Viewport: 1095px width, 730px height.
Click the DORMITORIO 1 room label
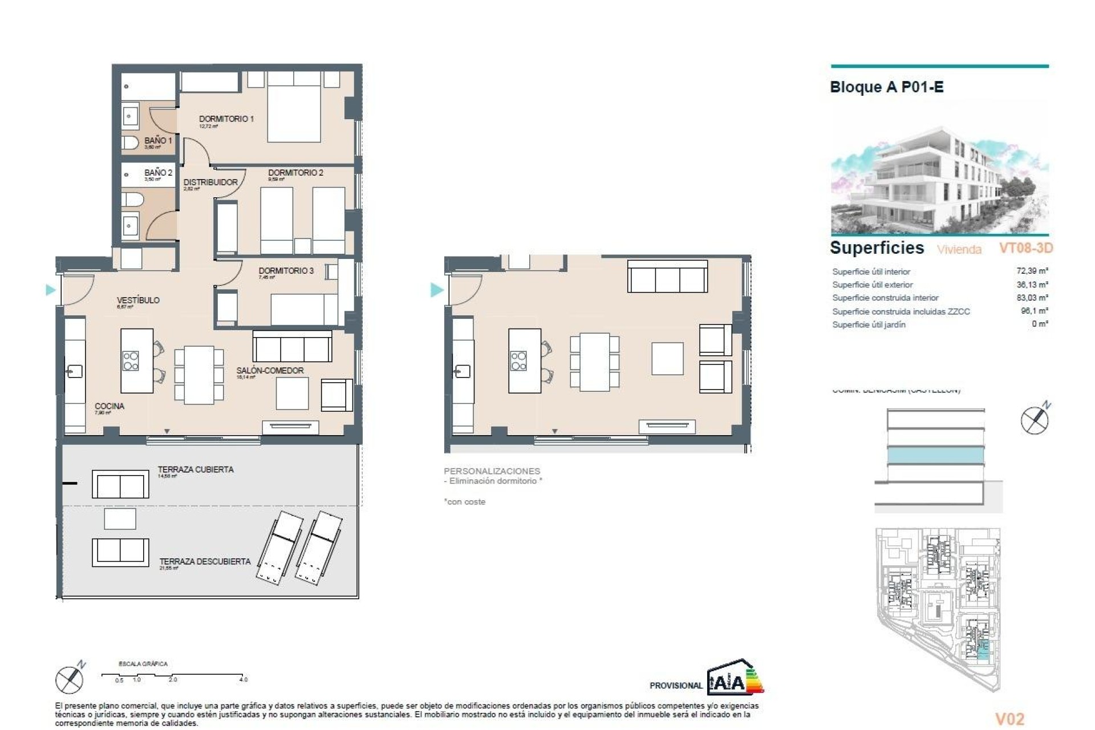[x=226, y=119]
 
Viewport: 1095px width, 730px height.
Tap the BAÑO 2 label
[x=158, y=172]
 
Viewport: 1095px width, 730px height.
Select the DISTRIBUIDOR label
[x=210, y=182]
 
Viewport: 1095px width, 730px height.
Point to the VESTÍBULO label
[x=138, y=300]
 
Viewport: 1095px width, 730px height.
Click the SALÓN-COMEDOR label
[x=270, y=371]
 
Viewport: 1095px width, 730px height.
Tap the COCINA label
[x=109, y=406]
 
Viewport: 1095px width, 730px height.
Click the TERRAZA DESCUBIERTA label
[x=205, y=562]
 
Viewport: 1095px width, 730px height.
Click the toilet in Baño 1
[x=130, y=143]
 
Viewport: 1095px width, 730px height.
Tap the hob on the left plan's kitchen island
[x=131, y=361]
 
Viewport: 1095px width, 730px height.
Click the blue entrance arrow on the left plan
[x=51, y=290]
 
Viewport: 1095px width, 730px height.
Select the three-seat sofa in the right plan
[x=667, y=277]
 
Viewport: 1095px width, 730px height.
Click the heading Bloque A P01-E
[x=886, y=87]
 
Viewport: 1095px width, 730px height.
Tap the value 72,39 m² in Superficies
[x=1032, y=271]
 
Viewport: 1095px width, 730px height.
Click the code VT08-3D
[x=1025, y=248]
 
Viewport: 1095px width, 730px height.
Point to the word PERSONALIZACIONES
[x=492, y=471]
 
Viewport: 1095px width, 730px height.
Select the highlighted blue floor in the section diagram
[x=935, y=455]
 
